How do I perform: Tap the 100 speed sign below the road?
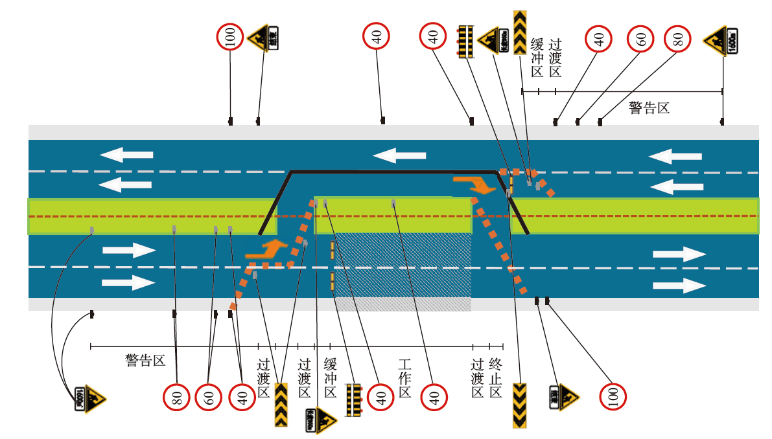613,396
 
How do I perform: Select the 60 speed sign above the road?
641,39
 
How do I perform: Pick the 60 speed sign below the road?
209,396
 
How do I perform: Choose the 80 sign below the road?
176,396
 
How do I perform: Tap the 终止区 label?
496,377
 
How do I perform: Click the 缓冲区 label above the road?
537,58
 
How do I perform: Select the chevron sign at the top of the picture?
519,32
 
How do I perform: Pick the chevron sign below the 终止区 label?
519,405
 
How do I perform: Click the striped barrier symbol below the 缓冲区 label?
353,400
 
